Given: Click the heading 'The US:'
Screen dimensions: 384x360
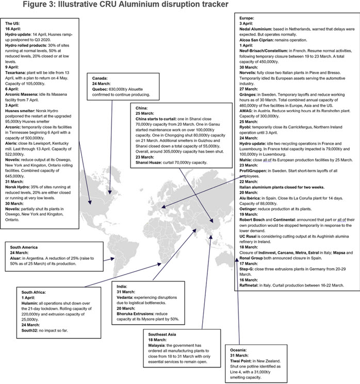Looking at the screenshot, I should (14, 24).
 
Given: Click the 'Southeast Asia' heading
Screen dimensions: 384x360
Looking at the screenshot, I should (165, 333).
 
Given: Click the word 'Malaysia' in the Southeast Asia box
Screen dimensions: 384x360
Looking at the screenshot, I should (159, 345).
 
